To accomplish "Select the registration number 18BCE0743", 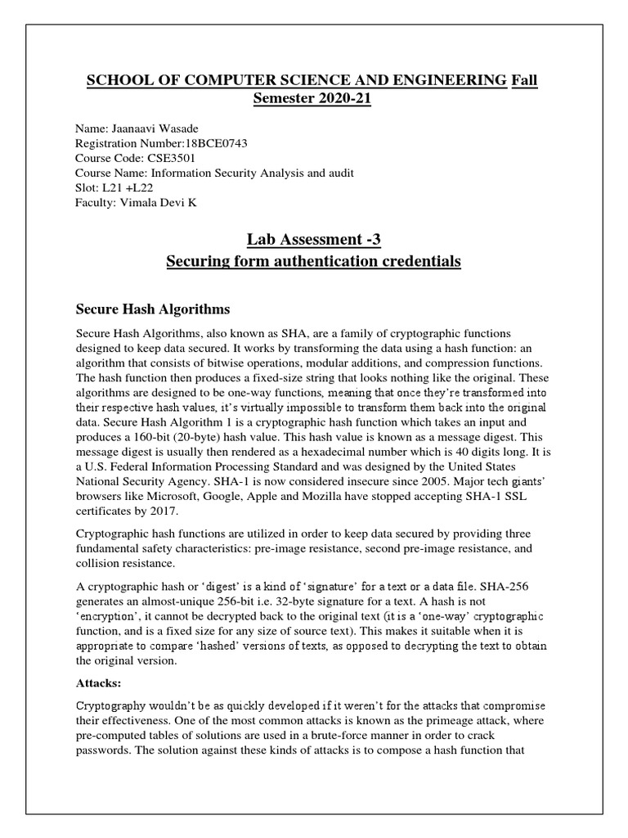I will [211, 144].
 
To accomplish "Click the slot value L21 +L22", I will [128, 187].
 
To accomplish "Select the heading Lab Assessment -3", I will [314, 240].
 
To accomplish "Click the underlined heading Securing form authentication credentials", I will [314, 262].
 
